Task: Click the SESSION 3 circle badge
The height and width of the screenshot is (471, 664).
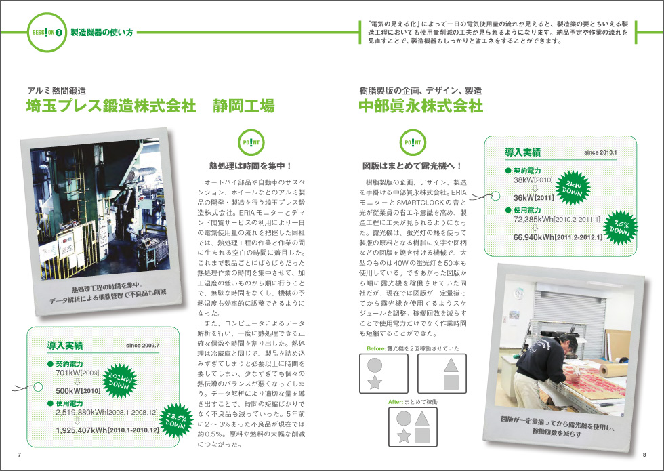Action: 47,33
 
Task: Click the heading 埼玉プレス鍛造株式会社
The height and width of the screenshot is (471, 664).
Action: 111,106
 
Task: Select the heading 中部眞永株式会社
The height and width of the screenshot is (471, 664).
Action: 421,106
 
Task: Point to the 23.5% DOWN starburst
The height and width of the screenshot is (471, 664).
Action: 175,419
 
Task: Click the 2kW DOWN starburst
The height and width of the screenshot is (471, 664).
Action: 572,187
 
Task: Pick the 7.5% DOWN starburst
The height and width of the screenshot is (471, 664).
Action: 619,227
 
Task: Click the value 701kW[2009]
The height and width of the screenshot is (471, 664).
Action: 77,373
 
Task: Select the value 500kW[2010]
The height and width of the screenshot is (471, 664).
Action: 79,390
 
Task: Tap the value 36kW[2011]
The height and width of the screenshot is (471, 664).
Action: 534,198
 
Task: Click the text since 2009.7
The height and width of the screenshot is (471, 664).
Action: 143,346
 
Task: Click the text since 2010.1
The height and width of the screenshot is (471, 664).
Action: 600,152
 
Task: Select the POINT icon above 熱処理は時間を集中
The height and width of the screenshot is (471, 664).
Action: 251,143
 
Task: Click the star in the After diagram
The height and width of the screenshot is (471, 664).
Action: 404,435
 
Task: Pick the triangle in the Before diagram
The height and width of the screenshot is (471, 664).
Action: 451,365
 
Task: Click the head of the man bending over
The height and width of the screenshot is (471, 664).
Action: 567,344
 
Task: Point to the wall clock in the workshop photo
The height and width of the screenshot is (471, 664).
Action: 519,293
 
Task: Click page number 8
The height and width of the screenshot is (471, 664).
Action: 644,455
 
